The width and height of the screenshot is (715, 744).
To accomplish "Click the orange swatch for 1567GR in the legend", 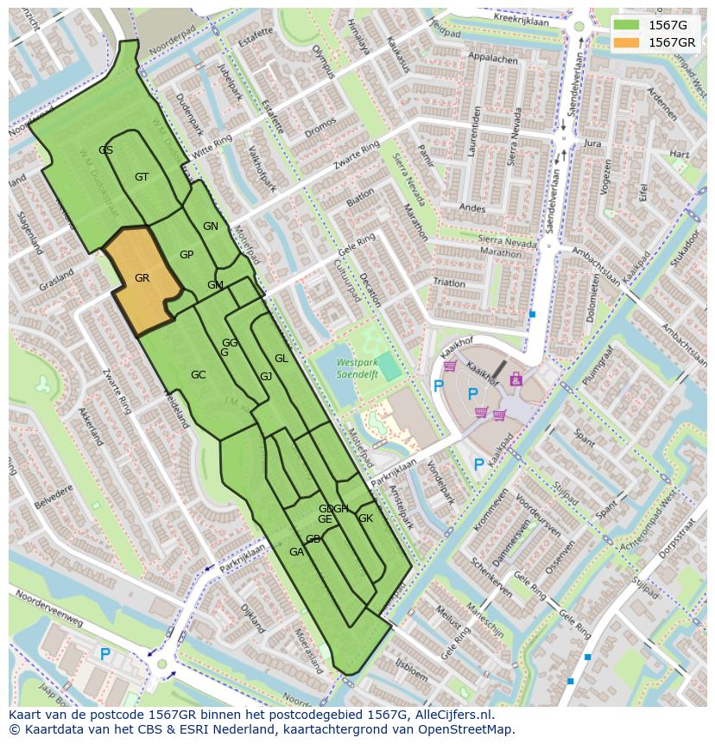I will pos(628,42).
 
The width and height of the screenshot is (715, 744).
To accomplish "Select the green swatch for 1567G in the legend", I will pos(628,25).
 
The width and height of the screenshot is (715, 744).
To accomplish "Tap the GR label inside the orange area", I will pos(142,278).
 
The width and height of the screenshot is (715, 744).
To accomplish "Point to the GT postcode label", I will pos(142,177).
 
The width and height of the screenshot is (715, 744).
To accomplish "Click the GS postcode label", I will pos(105,150).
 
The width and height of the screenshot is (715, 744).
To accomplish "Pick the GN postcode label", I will pos(210,226).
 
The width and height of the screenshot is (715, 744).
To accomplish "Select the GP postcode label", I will pos(187,255).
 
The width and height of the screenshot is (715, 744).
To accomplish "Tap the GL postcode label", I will pos(281,359).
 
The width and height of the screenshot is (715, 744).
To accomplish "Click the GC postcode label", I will pos(198,375).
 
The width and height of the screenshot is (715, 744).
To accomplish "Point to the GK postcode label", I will pos(365,518).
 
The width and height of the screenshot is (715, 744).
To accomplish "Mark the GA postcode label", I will pos(296,552).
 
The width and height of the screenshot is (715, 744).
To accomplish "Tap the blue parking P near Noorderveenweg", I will pos(104,655).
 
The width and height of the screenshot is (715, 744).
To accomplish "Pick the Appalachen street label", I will pos(491,60).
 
